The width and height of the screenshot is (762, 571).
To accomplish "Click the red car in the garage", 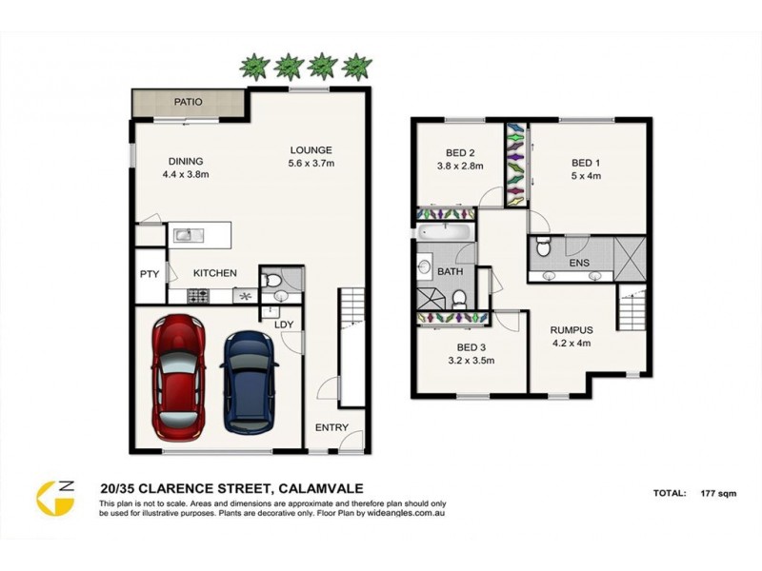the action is pyautogui.click(x=178, y=378).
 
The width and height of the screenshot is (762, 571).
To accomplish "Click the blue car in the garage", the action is pyautogui.click(x=249, y=383).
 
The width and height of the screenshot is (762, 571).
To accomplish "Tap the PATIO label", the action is pyautogui.click(x=189, y=102).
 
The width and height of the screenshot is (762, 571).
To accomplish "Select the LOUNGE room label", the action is pyautogui.click(x=311, y=150).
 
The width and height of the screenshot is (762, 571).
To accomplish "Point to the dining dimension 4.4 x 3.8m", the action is pyautogui.click(x=186, y=174).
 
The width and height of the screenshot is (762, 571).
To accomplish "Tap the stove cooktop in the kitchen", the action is pyautogui.click(x=198, y=296).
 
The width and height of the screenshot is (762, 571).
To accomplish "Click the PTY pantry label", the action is pyautogui.click(x=150, y=274).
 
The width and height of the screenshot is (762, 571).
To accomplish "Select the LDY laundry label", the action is pyautogui.click(x=284, y=325).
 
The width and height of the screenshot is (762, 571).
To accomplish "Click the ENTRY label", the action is pyautogui.click(x=331, y=427).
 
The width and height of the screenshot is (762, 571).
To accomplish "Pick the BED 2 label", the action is pyautogui.click(x=460, y=153).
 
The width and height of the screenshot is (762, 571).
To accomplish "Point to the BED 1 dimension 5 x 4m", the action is pyautogui.click(x=586, y=176).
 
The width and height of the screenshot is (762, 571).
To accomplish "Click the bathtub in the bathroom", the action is pyautogui.click(x=445, y=231).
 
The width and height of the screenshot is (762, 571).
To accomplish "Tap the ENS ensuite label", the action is pyautogui.click(x=579, y=263).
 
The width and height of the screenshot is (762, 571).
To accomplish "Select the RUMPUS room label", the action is pyautogui.click(x=571, y=330).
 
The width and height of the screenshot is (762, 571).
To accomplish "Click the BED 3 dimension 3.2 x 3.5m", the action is pyautogui.click(x=471, y=361).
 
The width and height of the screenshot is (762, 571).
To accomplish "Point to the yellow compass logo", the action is pyautogui.click(x=55, y=499).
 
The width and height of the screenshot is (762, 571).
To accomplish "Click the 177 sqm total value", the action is pyautogui.click(x=719, y=493).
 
